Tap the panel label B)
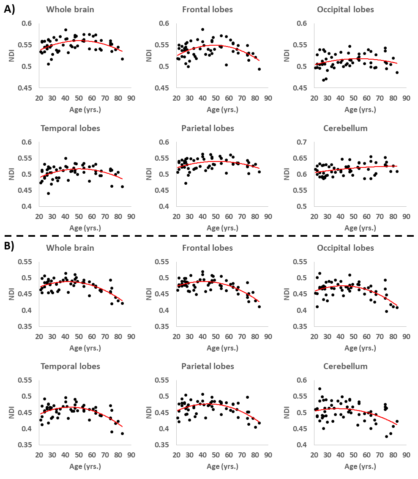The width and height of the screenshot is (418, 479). point(9,246)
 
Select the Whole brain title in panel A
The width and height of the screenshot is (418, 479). point(70,9)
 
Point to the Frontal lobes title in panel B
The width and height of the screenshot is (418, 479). point(207,247)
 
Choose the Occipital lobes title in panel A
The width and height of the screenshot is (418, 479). point(345,9)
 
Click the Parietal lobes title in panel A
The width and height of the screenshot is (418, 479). point(208,128)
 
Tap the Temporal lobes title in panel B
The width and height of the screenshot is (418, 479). point(70,366)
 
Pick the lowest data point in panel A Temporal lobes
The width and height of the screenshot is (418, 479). point(48,193)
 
